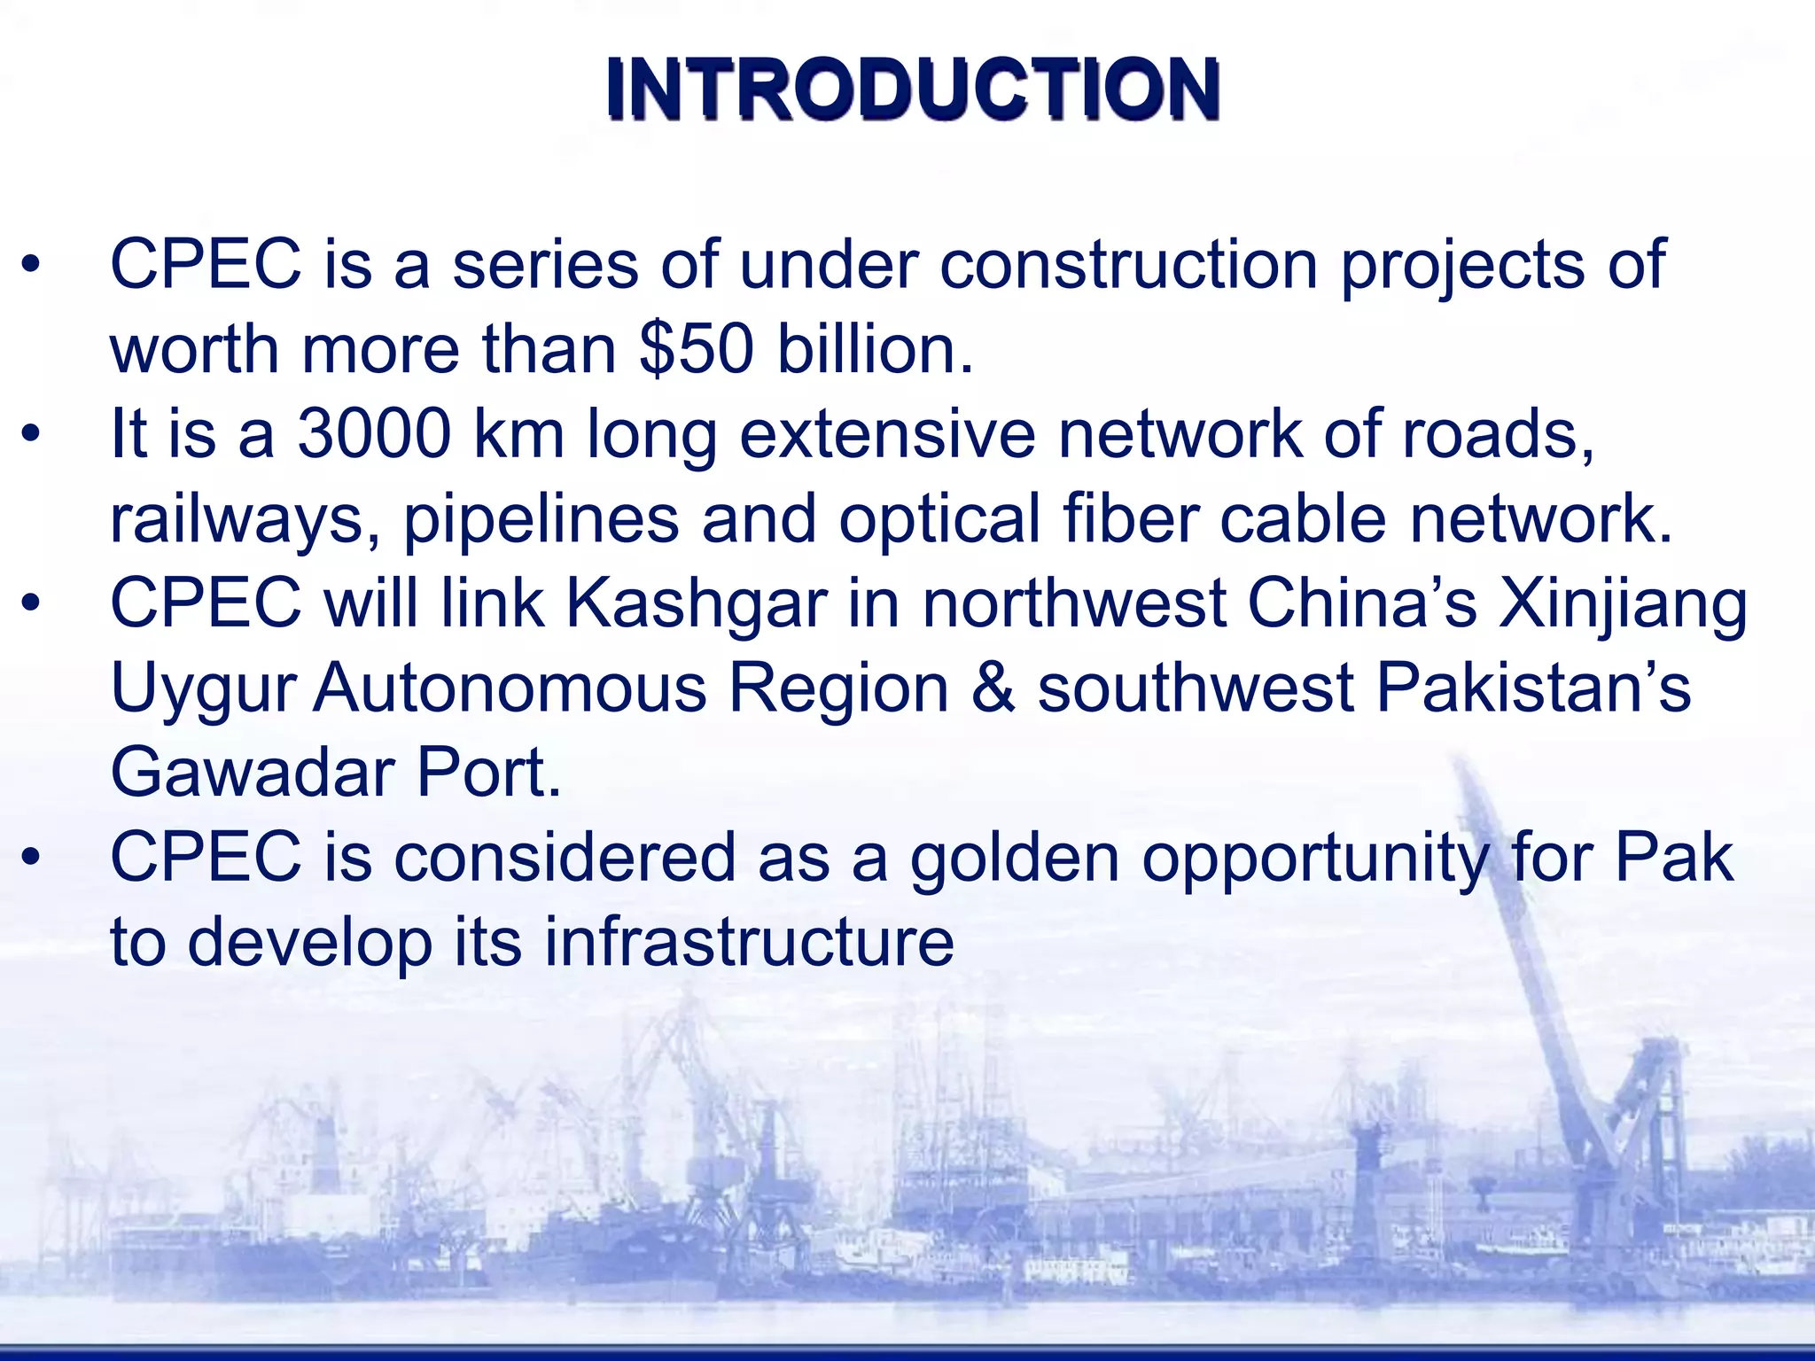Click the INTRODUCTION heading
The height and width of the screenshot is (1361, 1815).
click(x=913, y=89)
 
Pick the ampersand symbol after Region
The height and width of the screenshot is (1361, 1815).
click(x=993, y=688)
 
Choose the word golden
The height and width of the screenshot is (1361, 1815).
click(x=1015, y=859)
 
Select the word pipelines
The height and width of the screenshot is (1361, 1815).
click(x=541, y=520)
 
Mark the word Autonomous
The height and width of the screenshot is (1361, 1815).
click(x=510, y=688)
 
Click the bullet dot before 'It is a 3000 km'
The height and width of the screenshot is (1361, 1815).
click(x=32, y=434)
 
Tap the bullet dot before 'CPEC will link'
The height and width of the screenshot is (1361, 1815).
click(x=32, y=604)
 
